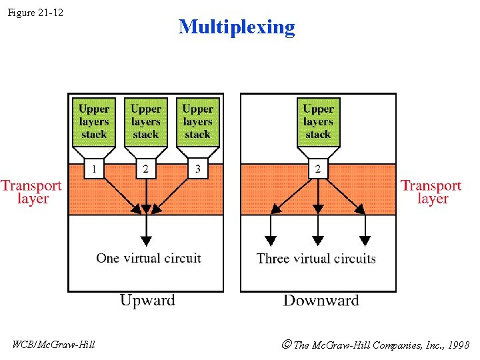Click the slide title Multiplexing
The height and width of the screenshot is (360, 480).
[x=237, y=27]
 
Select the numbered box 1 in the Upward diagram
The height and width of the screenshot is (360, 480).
[x=94, y=169]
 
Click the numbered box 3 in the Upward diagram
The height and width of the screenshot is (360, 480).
[x=197, y=169]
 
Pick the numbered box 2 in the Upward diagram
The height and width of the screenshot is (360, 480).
[x=146, y=169]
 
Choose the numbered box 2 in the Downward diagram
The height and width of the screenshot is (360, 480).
[x=318, y=169]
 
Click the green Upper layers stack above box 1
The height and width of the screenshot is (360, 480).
[x=94, y=122]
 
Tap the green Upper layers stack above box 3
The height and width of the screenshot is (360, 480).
[x=197, y=122]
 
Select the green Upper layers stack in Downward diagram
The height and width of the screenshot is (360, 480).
[x=318, y=122]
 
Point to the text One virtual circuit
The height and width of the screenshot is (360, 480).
[x=148, y=258]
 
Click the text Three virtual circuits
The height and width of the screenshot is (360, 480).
[x=316, y=259]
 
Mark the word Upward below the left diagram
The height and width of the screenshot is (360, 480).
[x=147, y=301]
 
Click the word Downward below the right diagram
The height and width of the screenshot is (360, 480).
[x=321, y=301]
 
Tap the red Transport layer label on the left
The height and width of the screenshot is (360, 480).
[x=31, y=192]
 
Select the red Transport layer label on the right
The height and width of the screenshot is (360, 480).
[x=431, y=192]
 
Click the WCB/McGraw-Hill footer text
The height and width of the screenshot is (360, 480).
[x=53, y=345]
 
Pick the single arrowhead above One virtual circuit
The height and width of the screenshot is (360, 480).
[x=146, y=241]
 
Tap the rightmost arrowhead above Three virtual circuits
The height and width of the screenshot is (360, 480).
[x=365, y=241]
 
